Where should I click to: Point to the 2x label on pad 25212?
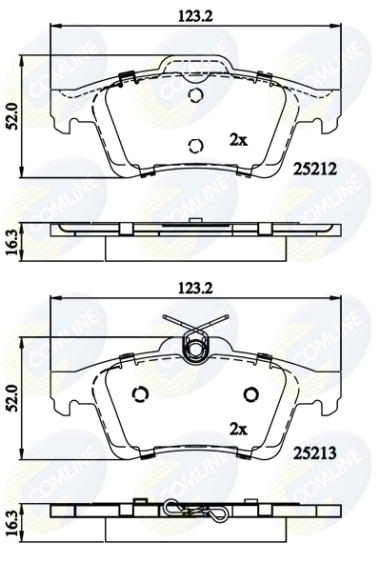tap(238, 139)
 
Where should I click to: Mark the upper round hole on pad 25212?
tap(196, 96)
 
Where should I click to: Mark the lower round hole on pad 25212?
tap(196, 146)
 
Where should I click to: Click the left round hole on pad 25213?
tap(141, 395)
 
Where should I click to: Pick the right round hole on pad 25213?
tap(251, 395)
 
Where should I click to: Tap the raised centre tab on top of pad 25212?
tap(196, 67)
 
